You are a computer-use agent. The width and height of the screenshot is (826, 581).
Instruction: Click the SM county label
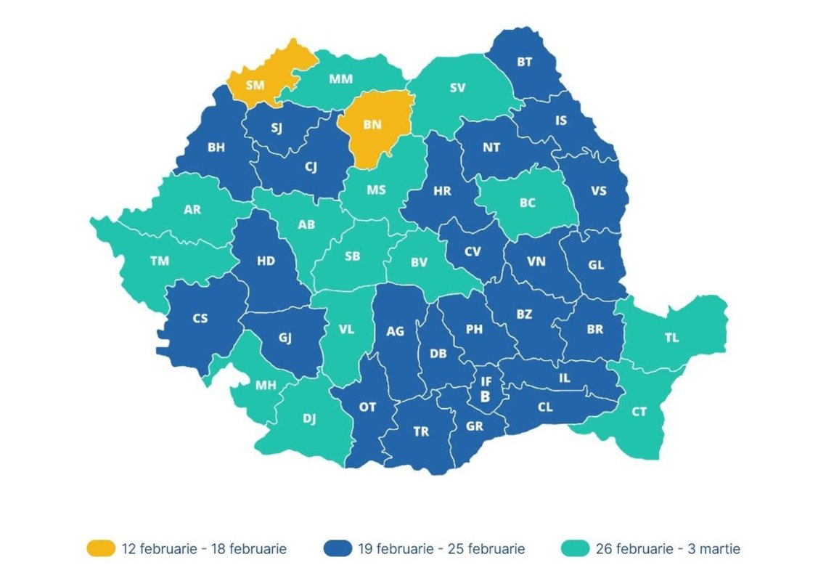255,85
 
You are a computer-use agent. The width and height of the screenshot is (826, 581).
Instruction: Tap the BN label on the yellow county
372,125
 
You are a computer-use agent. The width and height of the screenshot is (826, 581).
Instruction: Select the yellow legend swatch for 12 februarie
101,548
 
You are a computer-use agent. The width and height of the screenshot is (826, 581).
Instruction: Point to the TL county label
672,338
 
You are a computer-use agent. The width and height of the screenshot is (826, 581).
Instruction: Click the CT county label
639,412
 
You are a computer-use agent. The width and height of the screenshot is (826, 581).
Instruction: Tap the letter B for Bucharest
486,396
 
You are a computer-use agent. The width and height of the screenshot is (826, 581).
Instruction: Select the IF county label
486,381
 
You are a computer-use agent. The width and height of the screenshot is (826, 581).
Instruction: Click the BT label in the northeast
524,62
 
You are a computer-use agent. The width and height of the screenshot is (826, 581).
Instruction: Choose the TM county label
160,261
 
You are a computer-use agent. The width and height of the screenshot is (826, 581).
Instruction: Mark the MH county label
266,386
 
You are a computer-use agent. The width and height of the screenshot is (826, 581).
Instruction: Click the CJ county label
310,168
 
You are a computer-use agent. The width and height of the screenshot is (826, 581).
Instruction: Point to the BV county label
419,263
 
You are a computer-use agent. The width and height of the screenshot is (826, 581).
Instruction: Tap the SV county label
457,88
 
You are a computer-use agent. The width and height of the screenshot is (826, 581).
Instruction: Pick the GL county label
596,265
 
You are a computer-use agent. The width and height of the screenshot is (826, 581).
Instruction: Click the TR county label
421,431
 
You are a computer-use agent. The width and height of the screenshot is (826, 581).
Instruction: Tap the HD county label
266,261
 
